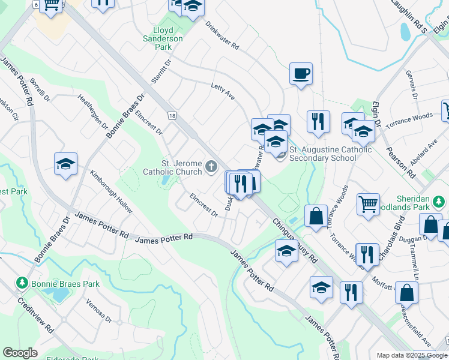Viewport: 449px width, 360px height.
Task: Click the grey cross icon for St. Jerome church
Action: pos(211,166)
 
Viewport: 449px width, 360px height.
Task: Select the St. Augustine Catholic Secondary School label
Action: pos(331,154)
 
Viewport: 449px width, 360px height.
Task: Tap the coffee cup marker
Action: pos(301,74)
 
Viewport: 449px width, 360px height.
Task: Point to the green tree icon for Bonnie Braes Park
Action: pos(22,282)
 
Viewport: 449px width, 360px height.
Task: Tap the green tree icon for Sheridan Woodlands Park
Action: pos(441,200)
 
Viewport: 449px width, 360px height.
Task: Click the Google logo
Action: pos(20,353)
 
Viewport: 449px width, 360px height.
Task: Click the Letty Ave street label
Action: pos(222,91)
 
